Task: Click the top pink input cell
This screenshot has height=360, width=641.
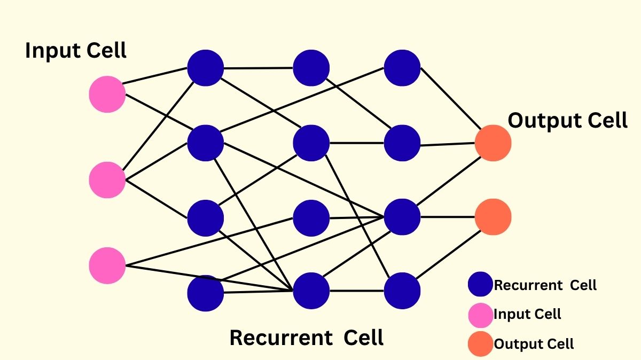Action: click(x=107, y=94)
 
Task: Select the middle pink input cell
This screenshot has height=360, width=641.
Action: click(x=107, y=180)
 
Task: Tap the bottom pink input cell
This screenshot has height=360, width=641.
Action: click(x=107, y=265)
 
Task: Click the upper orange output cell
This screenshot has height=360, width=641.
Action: click(x=493, y=143)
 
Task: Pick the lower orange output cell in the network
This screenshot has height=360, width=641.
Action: click(x=493, y=217)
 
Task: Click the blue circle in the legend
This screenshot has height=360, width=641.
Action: click(x=480, y=285)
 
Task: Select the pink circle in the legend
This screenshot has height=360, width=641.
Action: click(x=480, y=315)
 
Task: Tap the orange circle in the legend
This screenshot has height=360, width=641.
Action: click(x=480, y=343)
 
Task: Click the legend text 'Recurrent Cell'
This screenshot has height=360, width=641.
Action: click(x=545, y=285)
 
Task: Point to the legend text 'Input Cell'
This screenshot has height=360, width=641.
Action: click(x=527, y=314)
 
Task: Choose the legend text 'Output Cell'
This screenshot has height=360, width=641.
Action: click(x=534, y=344)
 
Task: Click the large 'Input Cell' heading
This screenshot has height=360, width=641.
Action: click(x=76, y=51)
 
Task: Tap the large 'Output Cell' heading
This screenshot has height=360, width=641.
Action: click(x=567, y=121)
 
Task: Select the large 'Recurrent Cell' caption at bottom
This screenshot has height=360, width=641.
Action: click(x=306, y=338)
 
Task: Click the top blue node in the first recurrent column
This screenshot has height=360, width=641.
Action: click(x=205, y=68)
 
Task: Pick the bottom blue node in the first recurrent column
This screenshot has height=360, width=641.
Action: click(x=205, y=293)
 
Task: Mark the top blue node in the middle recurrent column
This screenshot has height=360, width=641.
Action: click(x=311, y=68)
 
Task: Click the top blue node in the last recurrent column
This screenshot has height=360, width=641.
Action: click(x=402, y=68)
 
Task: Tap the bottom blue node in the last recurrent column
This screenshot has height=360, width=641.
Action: click(x=402, y=291)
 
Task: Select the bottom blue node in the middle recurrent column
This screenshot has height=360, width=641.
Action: click(x=311, y=291)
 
